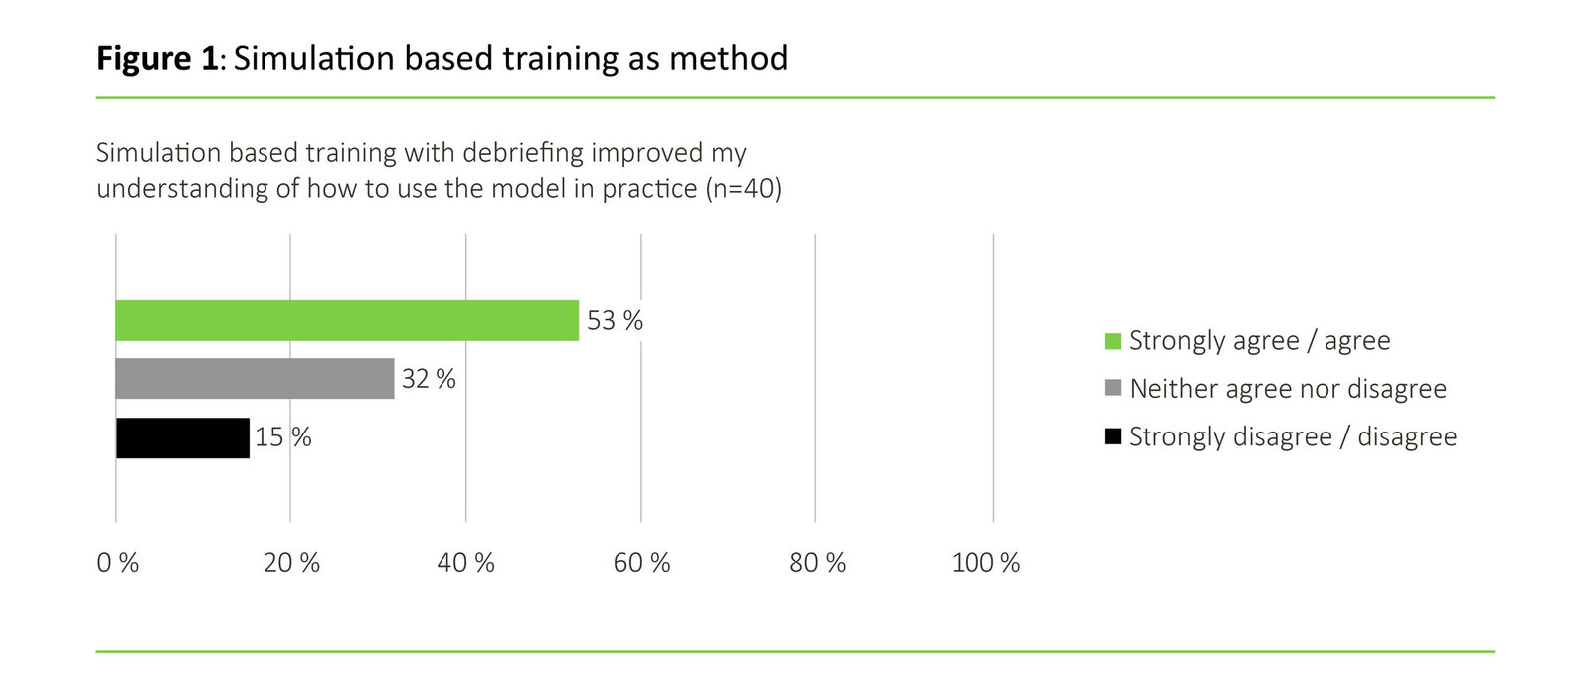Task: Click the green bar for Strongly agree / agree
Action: (x=346, y=320)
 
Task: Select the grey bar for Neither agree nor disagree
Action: (x=255, y=378)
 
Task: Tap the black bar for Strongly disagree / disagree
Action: (x=182, y=437)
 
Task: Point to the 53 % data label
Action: (x=615, y=320)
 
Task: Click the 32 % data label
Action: (x=429, y=378)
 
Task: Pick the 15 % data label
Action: (x=282, y=437)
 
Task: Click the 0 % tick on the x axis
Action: (x=117, y=563)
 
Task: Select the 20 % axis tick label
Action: (x=291, y=563)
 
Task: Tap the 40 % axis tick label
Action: (x=465, y=563)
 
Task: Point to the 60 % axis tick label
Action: (x=641, y=563)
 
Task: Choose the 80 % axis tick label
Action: (x=816, y=563)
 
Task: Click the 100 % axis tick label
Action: (x=985, y=563)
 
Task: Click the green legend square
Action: (x=1113, y=341)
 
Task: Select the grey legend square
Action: (x=1113, y=388)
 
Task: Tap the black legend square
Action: (x=1113, y=436)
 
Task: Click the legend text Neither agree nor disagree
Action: (x=1287, y=388)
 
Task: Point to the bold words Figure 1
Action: (x=156, y=59)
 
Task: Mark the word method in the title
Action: (x=728, y=58)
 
